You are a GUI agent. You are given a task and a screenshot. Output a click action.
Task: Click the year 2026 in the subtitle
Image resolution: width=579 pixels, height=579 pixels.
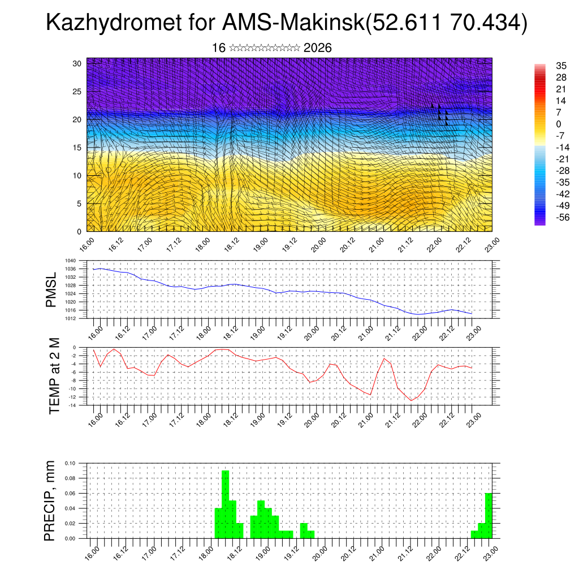point(318,48)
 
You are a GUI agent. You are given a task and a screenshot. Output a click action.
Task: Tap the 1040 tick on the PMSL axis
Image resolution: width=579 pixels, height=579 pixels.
point(70,261)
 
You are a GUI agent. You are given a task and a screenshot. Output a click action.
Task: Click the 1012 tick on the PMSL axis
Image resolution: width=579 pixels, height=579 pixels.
point(70,318)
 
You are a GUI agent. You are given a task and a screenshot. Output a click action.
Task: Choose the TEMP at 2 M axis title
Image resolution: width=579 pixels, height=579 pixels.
point(54,375)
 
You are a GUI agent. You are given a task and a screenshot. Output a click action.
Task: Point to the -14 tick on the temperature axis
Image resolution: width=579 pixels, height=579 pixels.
point(72,405)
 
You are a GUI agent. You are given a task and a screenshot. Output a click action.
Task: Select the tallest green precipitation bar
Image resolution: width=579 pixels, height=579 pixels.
point(226,503)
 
